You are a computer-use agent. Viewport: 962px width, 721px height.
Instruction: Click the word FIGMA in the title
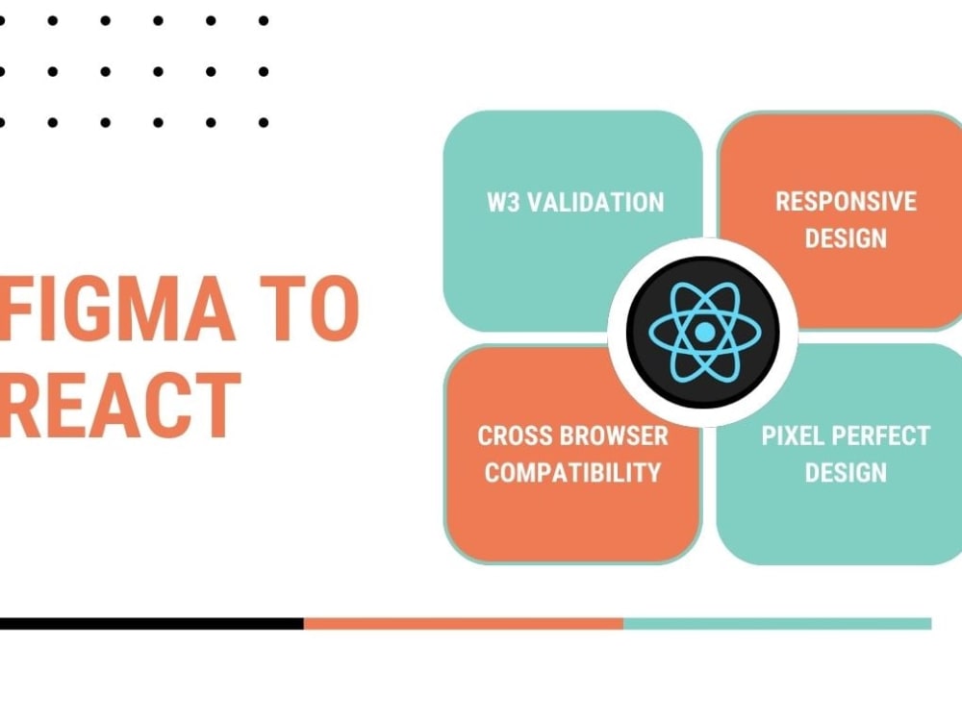(x=116, y=308)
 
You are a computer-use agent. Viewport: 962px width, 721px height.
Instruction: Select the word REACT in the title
(x=120, y=406)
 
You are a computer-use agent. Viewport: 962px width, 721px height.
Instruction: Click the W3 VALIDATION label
(x=575, y=202)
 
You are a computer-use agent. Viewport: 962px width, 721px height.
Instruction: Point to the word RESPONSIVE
(x=846, y=201)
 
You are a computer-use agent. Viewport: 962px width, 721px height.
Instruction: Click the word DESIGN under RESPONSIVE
(x=846, y=237)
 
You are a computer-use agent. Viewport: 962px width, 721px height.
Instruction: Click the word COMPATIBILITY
(x=573, y=473)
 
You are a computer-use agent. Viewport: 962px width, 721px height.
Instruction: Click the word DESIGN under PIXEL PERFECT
(x=846, y=473)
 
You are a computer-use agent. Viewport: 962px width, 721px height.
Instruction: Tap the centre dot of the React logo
(x=704, y=333)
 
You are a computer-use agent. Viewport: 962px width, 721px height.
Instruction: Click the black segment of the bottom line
(x=152, y=624)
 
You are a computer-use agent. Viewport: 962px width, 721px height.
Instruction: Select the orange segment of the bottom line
(x=464, y=624)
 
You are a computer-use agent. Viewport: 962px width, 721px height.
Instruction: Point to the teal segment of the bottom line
(x=778, y=624)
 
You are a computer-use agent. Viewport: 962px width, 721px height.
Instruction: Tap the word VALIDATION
(x=595, y=202)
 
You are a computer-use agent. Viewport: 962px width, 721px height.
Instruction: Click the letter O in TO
(x=335, y=308)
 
